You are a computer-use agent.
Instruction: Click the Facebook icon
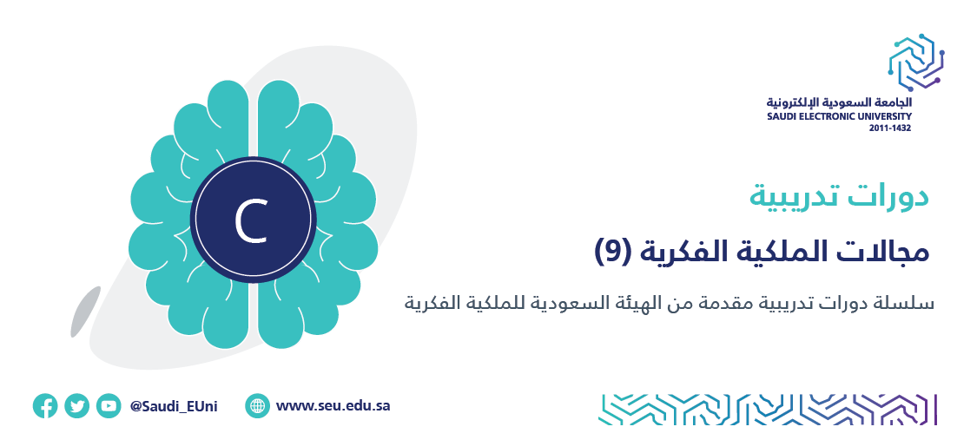45,406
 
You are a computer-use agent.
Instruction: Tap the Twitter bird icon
76,406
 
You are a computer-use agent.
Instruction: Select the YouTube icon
109,406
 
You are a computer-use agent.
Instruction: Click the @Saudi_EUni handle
174,406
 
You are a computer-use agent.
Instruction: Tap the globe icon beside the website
257,406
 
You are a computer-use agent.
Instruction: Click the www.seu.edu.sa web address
333,406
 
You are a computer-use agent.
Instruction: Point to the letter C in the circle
252,221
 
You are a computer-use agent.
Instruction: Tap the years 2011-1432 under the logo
890,128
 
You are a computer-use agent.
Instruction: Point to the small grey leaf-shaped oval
85,312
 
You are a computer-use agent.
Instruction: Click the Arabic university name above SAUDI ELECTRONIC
839,102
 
